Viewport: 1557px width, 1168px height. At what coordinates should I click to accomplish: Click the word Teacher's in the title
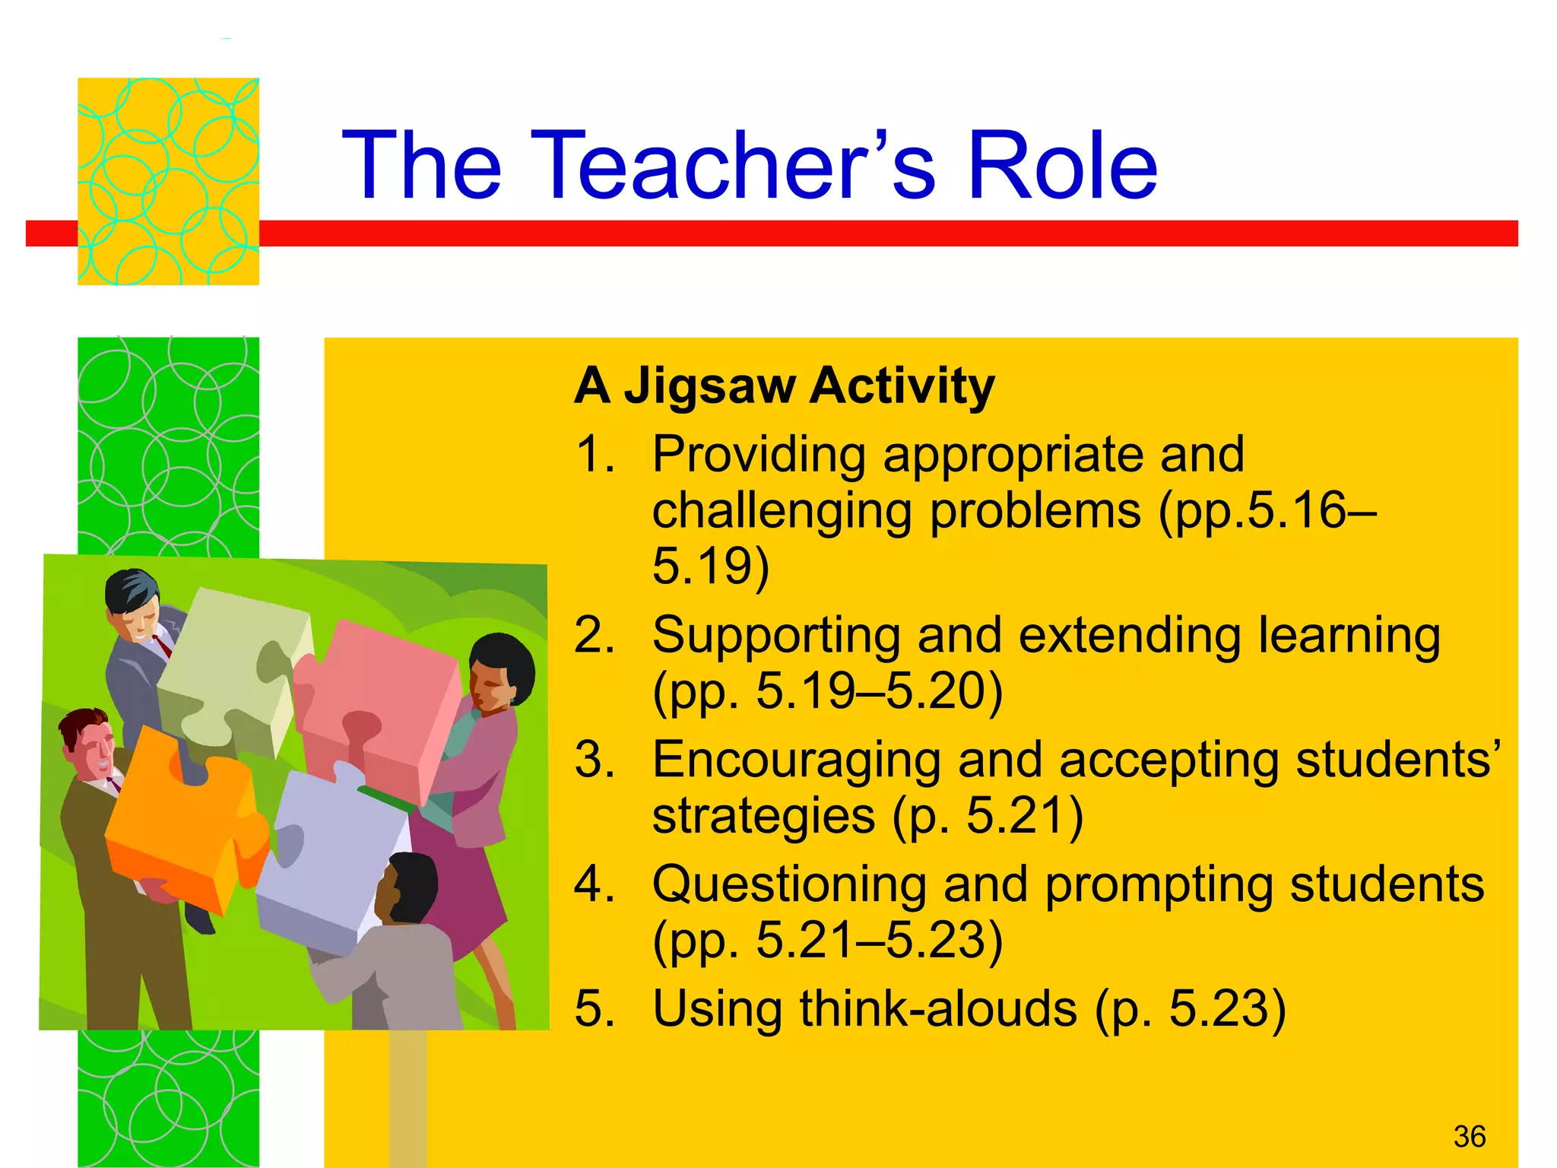(733, 166)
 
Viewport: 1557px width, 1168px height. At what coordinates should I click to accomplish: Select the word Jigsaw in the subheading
(709, 386)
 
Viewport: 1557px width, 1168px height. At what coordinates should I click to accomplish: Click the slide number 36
(1469, 1137)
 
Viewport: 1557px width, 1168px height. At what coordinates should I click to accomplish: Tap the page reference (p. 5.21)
(988, 817)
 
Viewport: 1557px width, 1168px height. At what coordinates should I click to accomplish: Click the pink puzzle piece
(380, 700)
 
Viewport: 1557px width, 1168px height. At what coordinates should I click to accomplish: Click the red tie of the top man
(163, 646)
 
